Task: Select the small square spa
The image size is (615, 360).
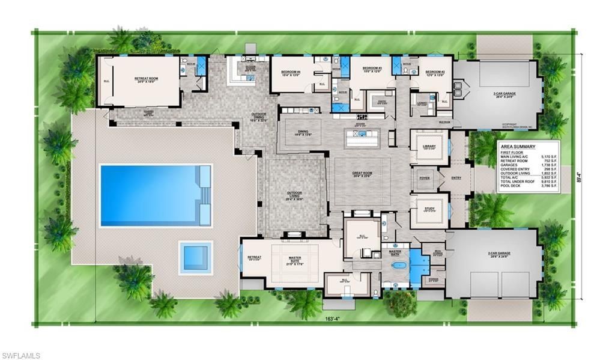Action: [x=195, y=258]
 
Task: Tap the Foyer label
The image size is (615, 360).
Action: [x=424, y=178]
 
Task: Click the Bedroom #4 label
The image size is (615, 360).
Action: [x=291, y=73]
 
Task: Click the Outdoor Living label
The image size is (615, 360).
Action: [x=295, y=194]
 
